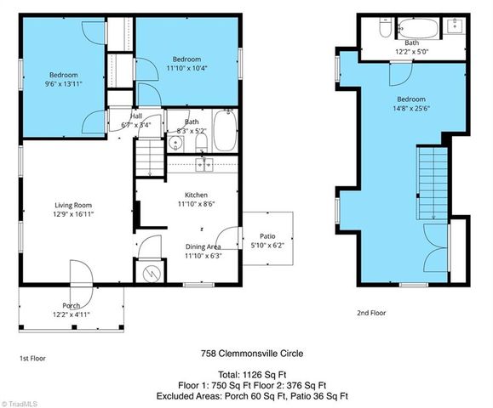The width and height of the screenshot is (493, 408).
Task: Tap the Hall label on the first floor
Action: click(x=136, y=116)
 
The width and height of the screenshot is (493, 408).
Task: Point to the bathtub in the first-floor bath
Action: click(x=225, y=131)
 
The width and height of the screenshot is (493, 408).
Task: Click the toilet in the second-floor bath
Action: click(x=385, y=29)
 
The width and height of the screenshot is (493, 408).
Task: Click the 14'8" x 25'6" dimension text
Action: click(x=411, y=109)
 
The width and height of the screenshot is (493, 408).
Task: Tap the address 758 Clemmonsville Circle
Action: click(x=251, y=354)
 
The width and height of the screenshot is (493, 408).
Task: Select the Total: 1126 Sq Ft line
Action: click(x=251, y=374)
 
